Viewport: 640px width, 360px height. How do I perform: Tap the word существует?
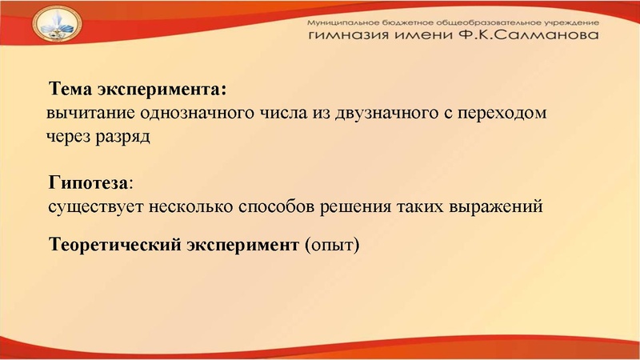pos(91,206)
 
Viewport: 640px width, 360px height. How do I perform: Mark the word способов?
pos(277,206)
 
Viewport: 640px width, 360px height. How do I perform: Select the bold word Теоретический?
pos(116,244)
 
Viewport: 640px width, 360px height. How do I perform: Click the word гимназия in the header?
pos(346,37)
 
